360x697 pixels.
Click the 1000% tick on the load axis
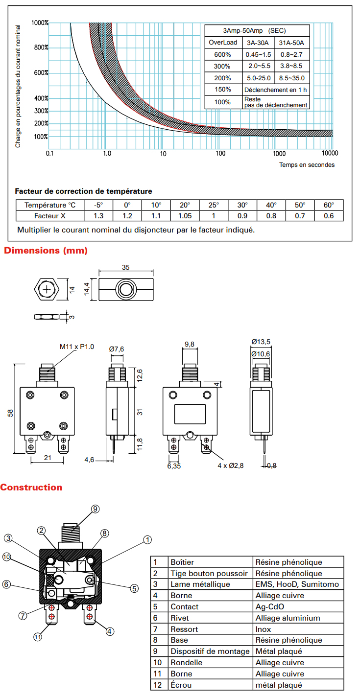tap(40, 23)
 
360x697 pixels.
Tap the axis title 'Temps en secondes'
tap(307, 165)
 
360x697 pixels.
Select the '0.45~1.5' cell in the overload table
tap(259, 54)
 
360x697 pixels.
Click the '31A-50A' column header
tap(291, 43)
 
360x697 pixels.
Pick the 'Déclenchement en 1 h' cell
tap(276, 90)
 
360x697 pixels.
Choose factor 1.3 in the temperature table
tap(98, 216)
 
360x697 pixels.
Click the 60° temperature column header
tap(329, 205)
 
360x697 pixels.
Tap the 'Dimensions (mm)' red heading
tap(46, 251)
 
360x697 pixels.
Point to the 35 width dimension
tap(126, 268)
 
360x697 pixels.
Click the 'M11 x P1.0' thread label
tap(77, 347)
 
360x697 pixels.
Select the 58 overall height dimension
tap(10, 413)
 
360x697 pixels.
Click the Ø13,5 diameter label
tap(261, 342)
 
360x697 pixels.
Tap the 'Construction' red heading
tap(31, 488)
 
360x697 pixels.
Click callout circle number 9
tap(95, 509)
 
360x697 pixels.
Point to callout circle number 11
tap(38, 637)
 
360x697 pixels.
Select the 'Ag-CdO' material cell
tap(270, 607)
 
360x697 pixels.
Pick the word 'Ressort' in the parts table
tap(182, 629)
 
